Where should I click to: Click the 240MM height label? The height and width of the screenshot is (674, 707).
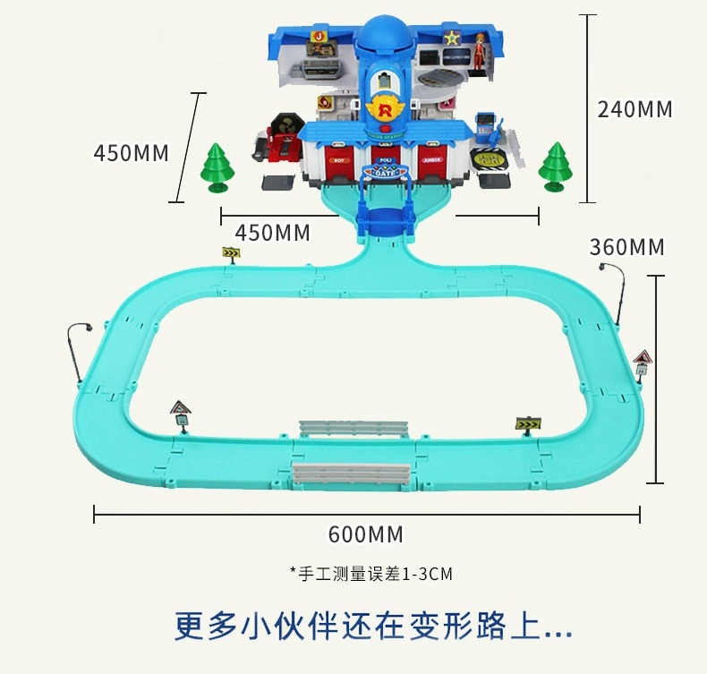[635, 109]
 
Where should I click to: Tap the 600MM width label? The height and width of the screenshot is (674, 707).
[366, 534]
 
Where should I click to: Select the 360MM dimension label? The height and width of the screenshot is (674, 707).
[626, 246]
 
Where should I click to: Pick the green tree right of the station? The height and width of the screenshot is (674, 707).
[556, 166]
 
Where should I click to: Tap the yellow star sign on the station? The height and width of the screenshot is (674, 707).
[453, 38]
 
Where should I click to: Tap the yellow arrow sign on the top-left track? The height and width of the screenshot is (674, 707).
[232, 254]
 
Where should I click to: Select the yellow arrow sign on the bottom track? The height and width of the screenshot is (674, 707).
[528, 422]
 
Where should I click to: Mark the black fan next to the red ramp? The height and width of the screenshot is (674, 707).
[284, 125]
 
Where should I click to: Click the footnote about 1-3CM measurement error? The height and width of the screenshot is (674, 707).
[371, 574]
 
